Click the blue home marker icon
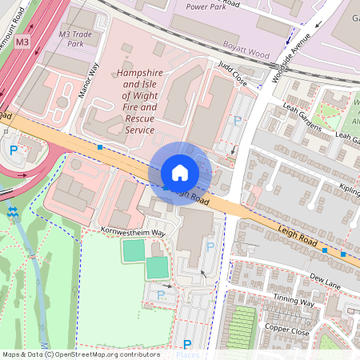click(x=180, y=173)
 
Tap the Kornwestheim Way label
click(x=133, y=232)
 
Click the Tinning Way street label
click(x=294, y=300)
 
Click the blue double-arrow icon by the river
click(x=13, y=212)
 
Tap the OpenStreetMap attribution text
click(x=80, y=354)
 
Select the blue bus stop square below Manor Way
click(x=99, y=147)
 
